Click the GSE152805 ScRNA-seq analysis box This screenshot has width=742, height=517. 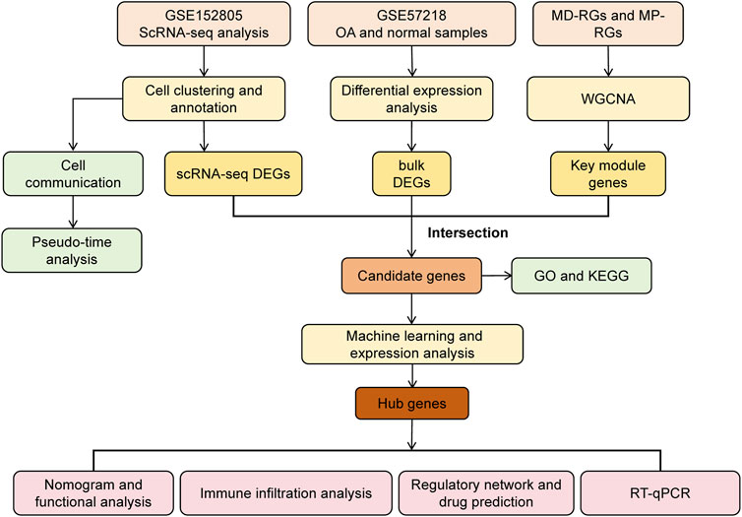click(204, 24)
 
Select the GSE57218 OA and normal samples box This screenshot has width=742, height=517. click(411, 24)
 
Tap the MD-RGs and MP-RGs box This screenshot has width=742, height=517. click(607, 24)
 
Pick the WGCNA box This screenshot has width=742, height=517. click(608, 98)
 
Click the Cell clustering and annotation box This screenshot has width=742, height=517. click(204, 98)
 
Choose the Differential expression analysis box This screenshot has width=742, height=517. click(411, 98)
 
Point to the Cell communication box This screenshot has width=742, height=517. click(73, 173)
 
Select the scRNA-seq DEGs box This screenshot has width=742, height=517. click(233, 173)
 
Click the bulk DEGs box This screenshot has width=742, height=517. click(411, 173)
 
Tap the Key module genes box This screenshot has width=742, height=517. click(608, 173)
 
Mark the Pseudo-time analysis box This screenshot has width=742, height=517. click(72, 250)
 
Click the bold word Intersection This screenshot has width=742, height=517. click(467, 233)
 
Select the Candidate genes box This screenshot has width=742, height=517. click(411, 276)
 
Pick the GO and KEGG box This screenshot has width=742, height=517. click(582, 276)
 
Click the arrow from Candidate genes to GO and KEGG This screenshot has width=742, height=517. click(496, 275)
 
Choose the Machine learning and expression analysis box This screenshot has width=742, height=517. click(412, 345)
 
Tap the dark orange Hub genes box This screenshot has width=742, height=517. click(412, 404)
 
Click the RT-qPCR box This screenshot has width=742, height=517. click(660, 492)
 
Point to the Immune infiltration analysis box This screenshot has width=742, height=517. click(286, 492)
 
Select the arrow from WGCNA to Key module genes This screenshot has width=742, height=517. click(608, 136)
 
